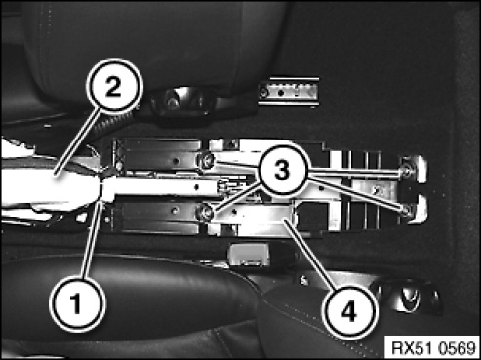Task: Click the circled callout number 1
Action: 77,304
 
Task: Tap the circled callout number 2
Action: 114,86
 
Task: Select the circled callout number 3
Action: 282,170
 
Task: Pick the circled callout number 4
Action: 348,312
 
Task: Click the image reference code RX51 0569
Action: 433,348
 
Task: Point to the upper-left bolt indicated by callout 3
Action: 206,160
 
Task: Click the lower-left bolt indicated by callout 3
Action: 205,213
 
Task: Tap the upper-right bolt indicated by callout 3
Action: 407,171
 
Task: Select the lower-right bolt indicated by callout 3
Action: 407,211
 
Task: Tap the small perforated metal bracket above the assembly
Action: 289,93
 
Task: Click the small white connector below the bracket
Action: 249,255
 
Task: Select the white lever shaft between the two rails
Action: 163,188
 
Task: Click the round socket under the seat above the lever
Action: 172,101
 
